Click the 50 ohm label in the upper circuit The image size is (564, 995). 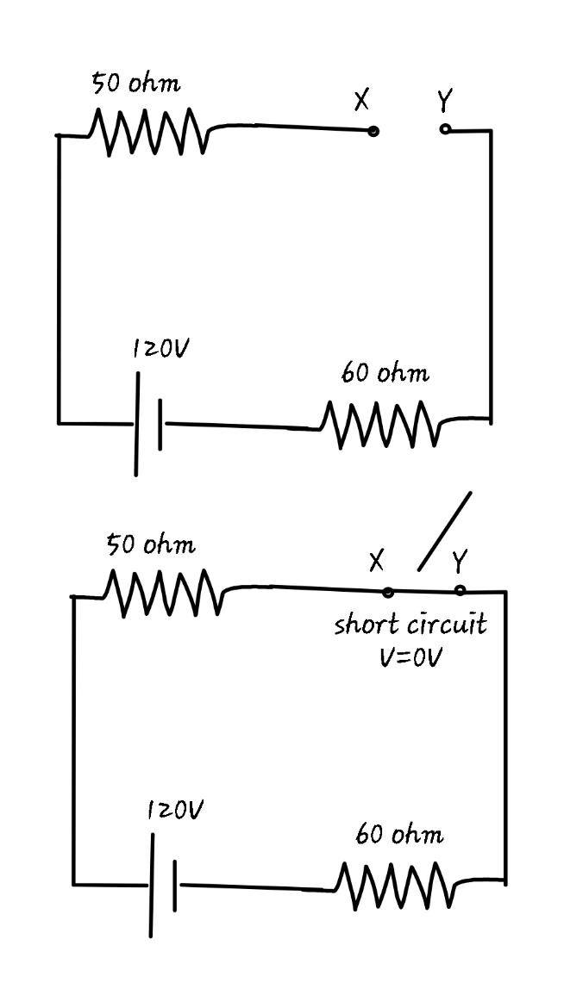(x=136, y=84)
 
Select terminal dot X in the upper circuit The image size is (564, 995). (x=373, y=131)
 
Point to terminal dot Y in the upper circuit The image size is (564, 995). (x=445, y=129)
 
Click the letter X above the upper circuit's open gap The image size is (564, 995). (x=361, y=101)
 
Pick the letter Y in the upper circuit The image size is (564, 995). (x=443, y=102)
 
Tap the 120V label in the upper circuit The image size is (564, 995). (x=161, y=349)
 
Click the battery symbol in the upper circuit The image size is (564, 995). (x=148, y=424)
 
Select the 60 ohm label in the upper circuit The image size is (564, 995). (x=385, y=374)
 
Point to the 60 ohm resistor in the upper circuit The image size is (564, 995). (x=379, y=424)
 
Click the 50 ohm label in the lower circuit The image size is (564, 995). (x=151, y=544)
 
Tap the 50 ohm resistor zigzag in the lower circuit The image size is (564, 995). (x=163, y=593)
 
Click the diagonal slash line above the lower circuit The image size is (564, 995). (x=445, y=531)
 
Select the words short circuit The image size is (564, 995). (x=410, y=624)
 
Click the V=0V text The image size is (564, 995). (x=410, y=656)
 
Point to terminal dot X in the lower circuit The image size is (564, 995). (x=388, y=592)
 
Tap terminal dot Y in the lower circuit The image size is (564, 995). (x=460, y=591)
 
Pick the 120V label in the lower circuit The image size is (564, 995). (x=176, y=810)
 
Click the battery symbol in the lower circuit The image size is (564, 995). (x=163, y=885)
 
